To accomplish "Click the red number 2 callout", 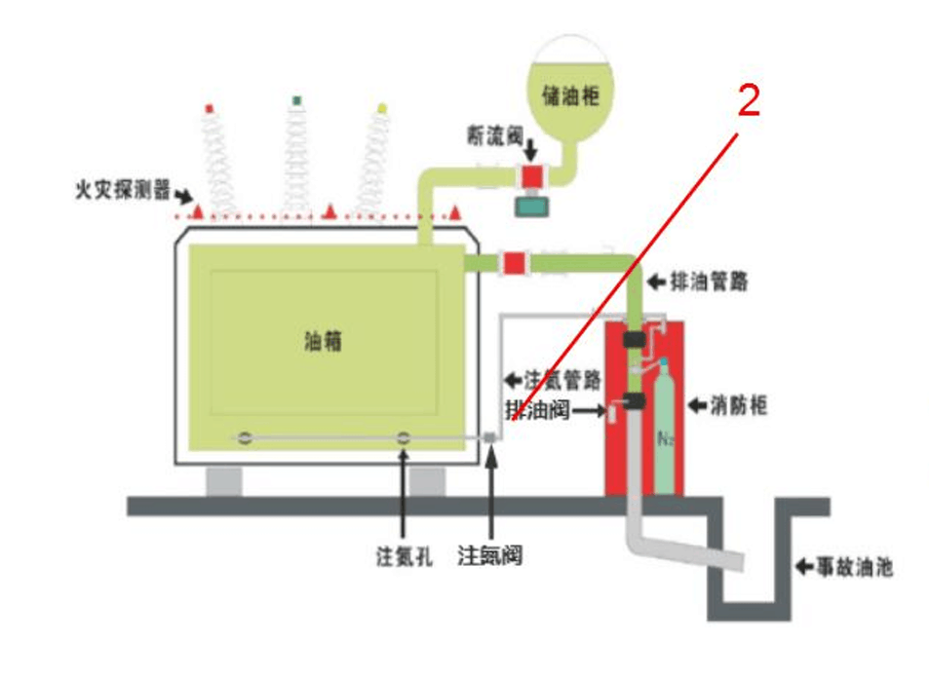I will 748,100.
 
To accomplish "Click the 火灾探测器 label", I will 120,187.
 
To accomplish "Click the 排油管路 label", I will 711,283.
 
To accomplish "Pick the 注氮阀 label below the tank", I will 490,556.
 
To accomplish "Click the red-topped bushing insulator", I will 215,161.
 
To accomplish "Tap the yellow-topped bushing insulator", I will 376,161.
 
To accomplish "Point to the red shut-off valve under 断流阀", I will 532,176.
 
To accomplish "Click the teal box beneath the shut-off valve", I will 533,207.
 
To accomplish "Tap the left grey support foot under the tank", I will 223,479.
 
